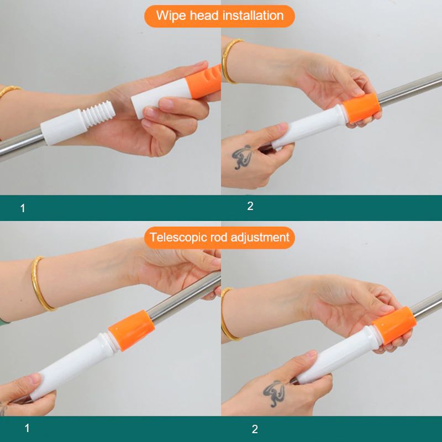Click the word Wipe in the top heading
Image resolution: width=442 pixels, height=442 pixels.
[x=171, y=16]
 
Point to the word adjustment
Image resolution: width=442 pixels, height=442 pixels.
[x=260, y=238]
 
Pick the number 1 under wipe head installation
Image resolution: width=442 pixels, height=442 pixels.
[x=23, y=208]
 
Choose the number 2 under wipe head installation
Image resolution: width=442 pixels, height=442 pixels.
[x=250, y=206]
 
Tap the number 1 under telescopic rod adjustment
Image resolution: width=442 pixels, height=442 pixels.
[x=27, y=428]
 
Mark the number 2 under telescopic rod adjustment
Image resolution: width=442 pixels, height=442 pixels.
[x=255, y=429]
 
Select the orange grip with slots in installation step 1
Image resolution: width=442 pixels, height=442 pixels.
[x=203, y=82]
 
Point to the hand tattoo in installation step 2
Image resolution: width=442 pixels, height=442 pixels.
[x=242, y=157]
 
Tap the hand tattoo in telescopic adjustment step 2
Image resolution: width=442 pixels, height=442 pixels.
[x=274, y=393]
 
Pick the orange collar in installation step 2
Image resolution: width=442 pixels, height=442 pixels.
[x=361, y=108]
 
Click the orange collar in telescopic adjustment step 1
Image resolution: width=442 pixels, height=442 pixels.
[x=131, y=330]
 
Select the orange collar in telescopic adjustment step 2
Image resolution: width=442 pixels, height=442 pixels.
[x=394, y=325]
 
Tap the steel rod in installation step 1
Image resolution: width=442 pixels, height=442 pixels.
[x=20, y=144]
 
